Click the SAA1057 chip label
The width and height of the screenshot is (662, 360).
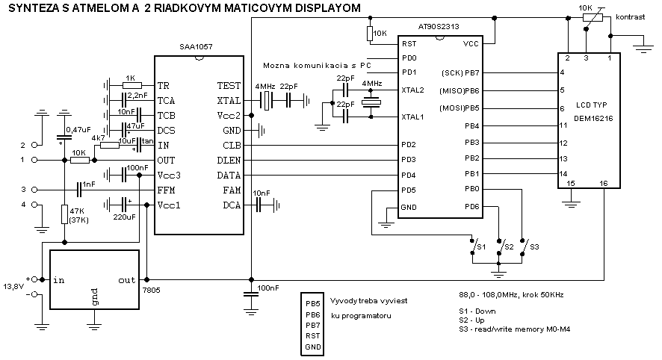[197, 46]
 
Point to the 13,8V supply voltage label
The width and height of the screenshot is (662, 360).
[13, 286]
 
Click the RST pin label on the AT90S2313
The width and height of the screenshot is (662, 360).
[409, 44]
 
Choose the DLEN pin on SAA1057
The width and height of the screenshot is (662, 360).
[229, 160]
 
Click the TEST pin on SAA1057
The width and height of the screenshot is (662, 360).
[228, 86]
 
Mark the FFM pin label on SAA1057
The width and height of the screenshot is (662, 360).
[167, 190]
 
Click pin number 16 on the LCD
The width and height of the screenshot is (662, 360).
[604, 183]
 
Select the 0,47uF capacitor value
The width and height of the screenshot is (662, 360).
[79, 130]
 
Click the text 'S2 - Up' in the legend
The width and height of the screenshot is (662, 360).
[473, 320]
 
